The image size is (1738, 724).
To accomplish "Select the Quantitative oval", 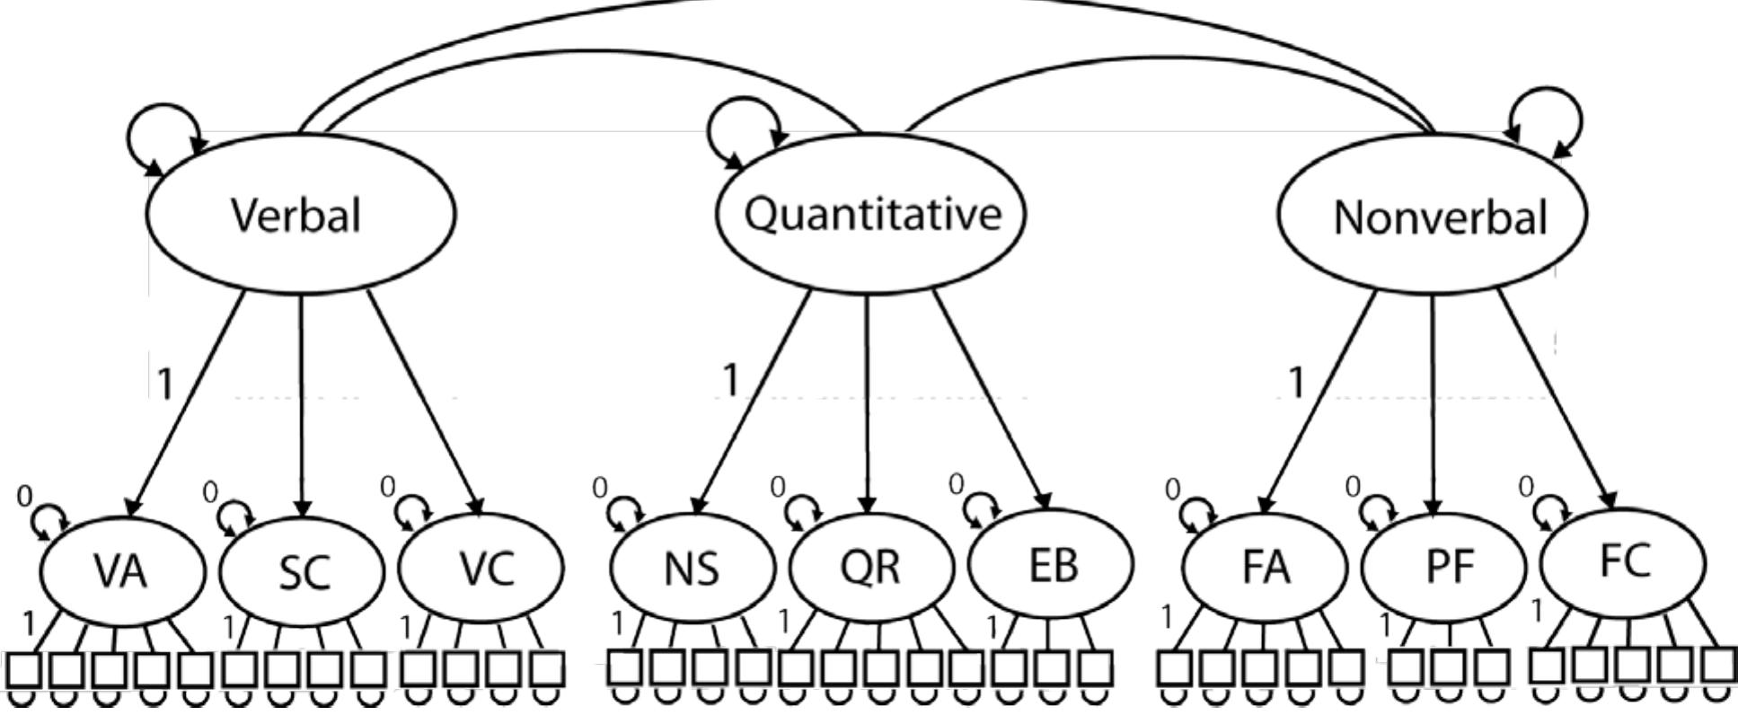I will pyautogui.click(x=869, y=214).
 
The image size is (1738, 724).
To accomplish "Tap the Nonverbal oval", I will pyautogui.click(x=1432, y=216).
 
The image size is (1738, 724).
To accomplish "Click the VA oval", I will pyautogui.click(x=122, y=569).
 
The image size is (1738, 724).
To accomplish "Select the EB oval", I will pyautogui.click(x=1050, y=564).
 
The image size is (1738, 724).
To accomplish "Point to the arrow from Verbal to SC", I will pyautogui.click(x=302, y=404).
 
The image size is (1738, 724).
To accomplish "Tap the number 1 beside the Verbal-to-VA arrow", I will pyautogui.click(x=163, y=384).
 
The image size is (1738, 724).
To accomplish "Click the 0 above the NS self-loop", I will pyautogui.click(x=599, y=488).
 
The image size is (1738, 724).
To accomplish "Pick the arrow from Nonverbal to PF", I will pyautogui.click(x=1433, y=404).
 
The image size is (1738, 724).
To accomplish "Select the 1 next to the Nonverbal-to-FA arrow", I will pyautogui.click(x=1295, y=384).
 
